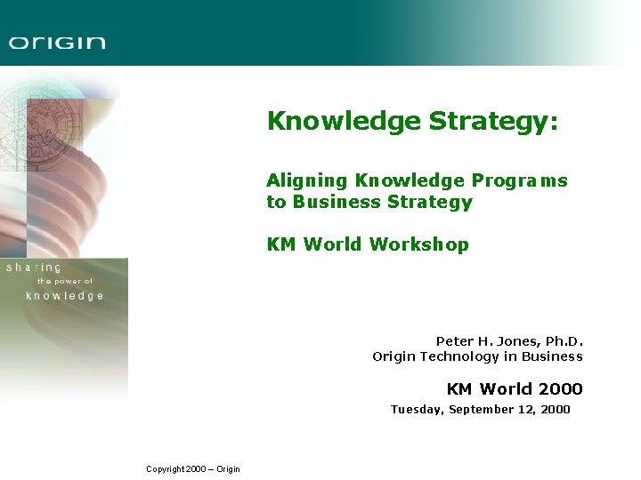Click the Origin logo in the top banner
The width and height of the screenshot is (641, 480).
(x=57, y=42)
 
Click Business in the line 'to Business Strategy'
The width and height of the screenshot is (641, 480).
(x=337, y=202)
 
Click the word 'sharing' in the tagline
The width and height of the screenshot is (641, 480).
(x=34, y=268)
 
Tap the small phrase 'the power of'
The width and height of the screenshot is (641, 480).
(x=64, y=282)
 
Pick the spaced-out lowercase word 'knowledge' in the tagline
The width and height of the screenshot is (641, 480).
(x=65, y=296)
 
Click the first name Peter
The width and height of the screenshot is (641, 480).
(x=455, y=341)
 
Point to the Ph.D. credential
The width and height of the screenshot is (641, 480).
(x=561, y=341)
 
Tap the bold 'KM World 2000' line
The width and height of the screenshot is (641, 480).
(x=514, y=388)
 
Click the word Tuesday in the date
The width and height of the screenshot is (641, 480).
(x=417, y=410)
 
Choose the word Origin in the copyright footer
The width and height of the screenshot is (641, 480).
(x=227, y=469)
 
